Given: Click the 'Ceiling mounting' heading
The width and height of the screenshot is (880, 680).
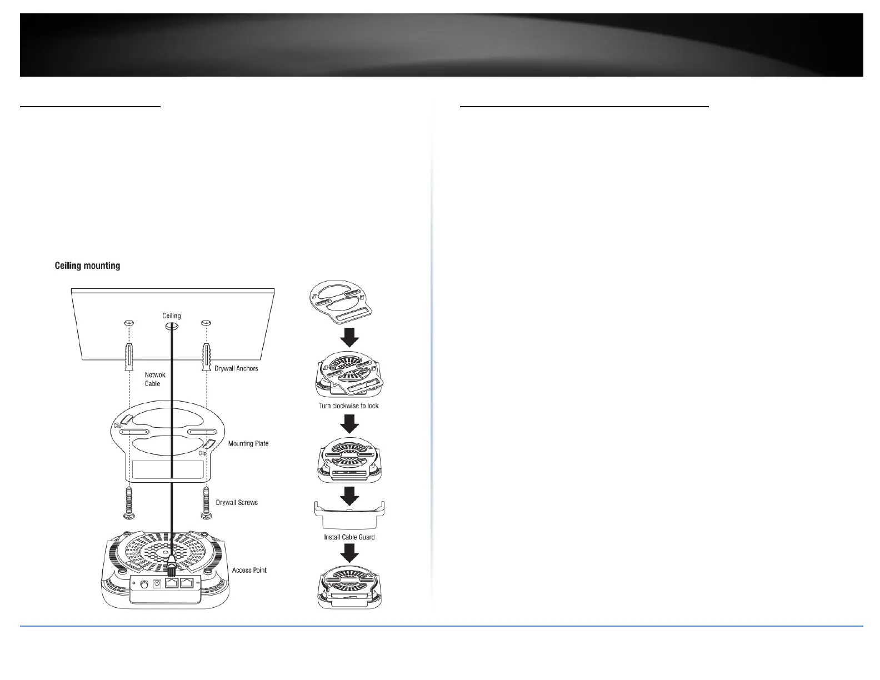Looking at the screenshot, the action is [87, 266].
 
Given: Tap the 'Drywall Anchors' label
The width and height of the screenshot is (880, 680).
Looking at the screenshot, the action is [236, 368].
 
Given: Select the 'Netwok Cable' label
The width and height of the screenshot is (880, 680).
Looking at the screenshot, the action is [155, 379].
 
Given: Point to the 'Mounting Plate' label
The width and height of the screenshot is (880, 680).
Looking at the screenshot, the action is [248, 443].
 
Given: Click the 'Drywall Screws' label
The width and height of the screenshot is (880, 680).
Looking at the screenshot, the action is [237, 502].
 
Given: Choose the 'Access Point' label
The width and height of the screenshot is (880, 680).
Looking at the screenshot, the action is [249, 570].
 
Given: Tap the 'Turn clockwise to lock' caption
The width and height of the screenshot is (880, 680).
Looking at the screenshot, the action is [348, 406].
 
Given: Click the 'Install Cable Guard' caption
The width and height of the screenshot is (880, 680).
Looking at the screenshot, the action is [349, 537].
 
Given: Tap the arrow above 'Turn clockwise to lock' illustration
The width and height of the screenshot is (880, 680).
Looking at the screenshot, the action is [349, 337].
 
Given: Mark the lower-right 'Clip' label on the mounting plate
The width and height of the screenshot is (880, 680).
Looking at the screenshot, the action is [203, 453].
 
